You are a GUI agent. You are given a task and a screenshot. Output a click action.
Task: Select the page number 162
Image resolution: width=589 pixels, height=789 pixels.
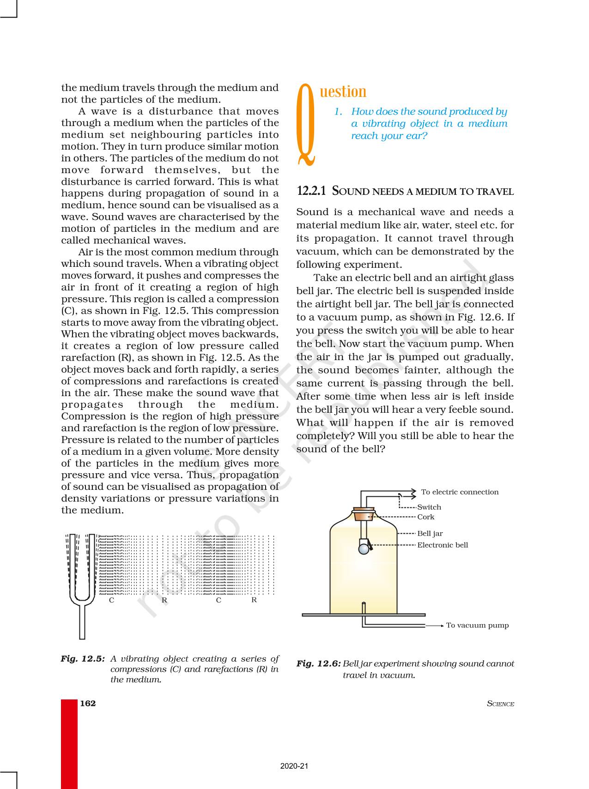point(88,703)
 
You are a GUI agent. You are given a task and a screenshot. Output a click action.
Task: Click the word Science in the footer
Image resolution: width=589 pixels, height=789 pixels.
point(500,704)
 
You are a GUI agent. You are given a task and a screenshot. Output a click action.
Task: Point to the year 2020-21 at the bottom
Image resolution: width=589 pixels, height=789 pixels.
point(294,766)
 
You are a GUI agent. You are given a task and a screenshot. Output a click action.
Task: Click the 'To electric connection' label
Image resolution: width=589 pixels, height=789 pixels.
point(460,492)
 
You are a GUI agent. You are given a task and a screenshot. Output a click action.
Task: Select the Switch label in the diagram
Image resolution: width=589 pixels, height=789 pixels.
point(429,507)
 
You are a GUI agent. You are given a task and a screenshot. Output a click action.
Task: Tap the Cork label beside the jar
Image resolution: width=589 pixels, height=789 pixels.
point(426,517)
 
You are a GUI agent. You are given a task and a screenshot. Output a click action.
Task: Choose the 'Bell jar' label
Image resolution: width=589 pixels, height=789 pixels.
point(430,534)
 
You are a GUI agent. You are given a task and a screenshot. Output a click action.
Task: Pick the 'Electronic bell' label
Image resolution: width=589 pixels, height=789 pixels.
point(443,545)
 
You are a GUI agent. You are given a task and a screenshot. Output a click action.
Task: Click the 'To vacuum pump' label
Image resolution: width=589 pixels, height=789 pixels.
point(477,626)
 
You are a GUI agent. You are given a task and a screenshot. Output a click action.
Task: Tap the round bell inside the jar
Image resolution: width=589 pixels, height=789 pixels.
point(364,548)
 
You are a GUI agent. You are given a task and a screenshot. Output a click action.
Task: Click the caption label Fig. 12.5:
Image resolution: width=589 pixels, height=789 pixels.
point(83,659)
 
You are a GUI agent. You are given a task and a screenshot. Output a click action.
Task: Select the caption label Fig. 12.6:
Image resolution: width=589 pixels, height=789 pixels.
point(318,664)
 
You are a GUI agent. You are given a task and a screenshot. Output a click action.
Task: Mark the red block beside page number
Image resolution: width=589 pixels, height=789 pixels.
point(69,743)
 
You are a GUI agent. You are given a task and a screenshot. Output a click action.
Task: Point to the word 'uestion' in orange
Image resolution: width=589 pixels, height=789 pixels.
point(343,91)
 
